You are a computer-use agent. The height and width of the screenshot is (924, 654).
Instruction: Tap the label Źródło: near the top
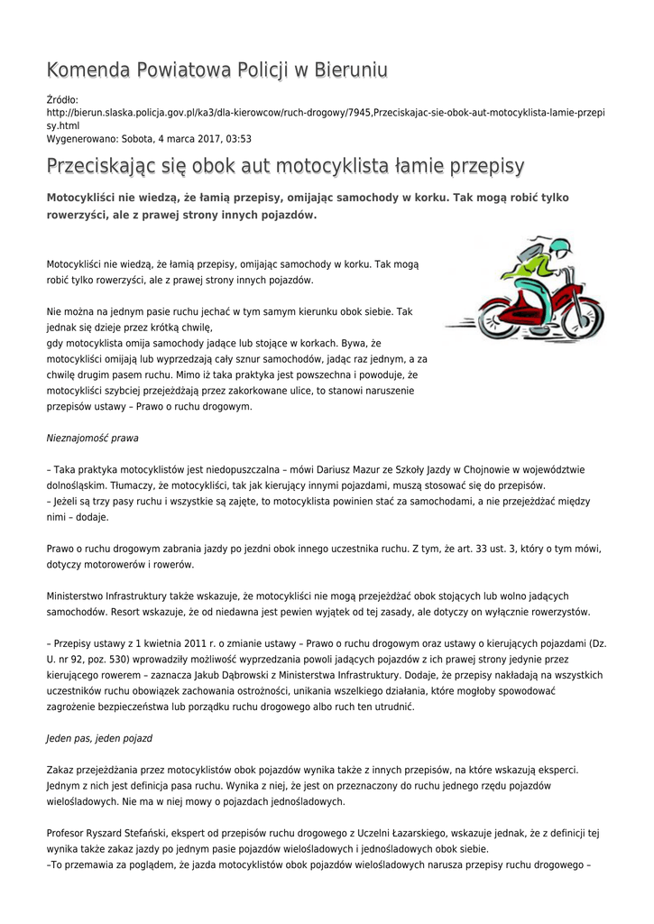(62, 99)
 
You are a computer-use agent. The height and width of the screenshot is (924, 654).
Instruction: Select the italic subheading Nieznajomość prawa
(92, 438)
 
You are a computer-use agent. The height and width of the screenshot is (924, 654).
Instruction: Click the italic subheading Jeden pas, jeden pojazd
(99, 737)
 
